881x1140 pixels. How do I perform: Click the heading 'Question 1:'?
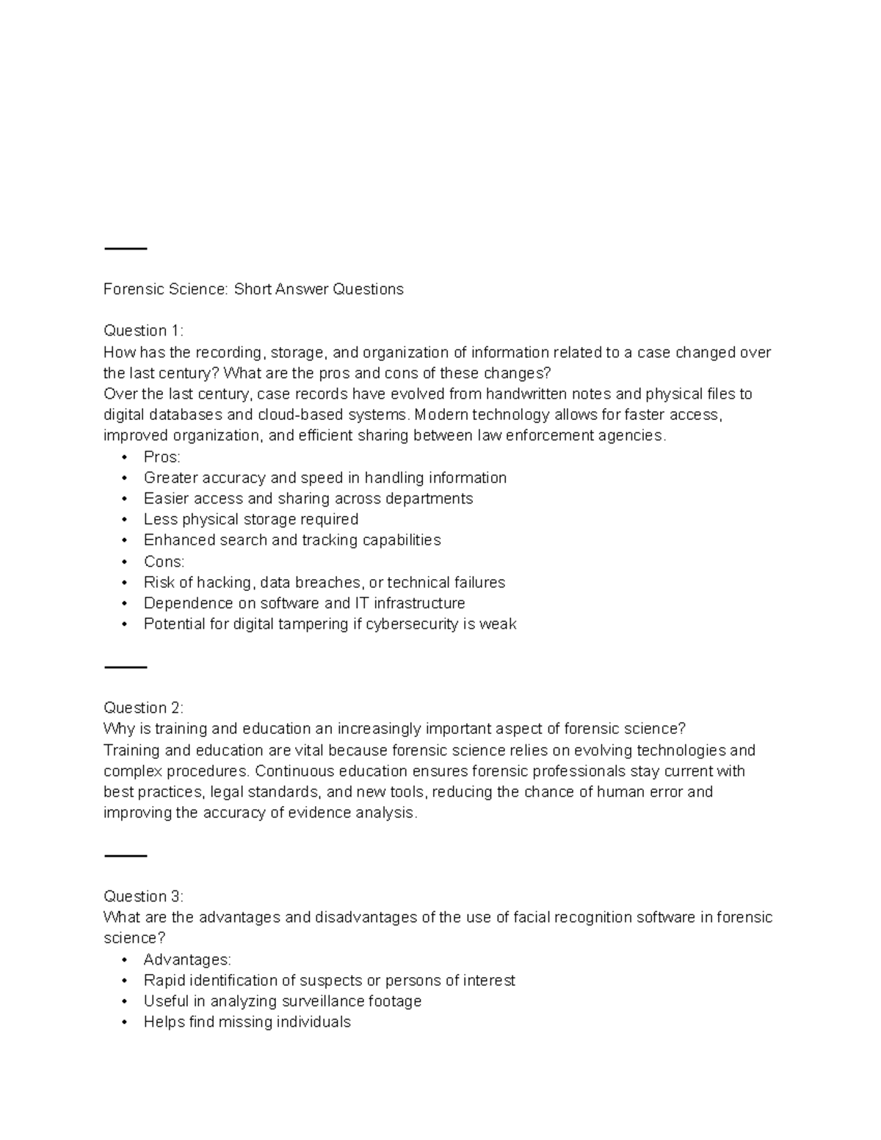tap(143, 330)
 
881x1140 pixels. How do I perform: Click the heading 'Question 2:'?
tap(143, 708)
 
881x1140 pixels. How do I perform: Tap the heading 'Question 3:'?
tap(143, 896)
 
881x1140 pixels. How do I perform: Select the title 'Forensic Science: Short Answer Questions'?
tap(253, 289)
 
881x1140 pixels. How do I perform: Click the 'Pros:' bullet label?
tap(162, 457)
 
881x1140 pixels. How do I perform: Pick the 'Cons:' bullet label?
tap(164, 562)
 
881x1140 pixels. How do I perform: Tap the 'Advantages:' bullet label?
tap(187, 959)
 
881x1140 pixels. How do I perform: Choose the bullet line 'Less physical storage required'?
tap(251, 520)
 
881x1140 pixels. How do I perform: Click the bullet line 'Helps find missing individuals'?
tap(247, 1022)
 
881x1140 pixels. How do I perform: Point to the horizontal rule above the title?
tap(126, 249)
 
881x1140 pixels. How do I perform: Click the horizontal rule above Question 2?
tap(126, 667)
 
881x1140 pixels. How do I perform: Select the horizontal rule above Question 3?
tap(126, 856)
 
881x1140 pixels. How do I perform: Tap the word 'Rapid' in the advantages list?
tap(164, 981)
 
